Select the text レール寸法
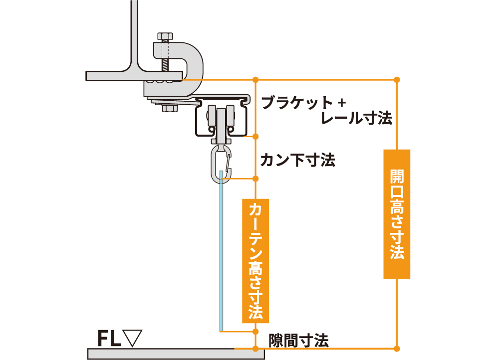coord(356,118)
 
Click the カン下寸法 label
coord(298,160)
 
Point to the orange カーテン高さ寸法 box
coord(255,261)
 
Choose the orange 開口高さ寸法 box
coord(397,214)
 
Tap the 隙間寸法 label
coord(298,341)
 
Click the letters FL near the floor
coord(109,338)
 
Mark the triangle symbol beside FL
coord(132,338)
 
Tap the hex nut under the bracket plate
coord(170,108)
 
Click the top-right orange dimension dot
coord(397,80)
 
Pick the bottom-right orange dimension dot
coord(397,349)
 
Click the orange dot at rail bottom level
coord(255,137)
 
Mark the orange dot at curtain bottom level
coord(255,332)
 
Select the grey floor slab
coord(176,354)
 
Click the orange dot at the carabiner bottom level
coord(255,179)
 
